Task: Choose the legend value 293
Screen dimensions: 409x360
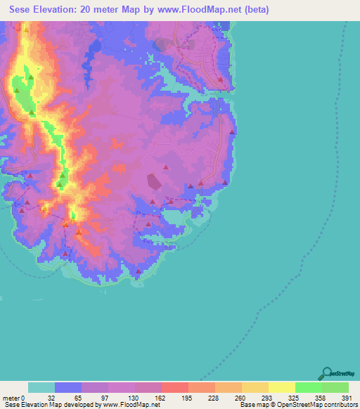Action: point(267,398)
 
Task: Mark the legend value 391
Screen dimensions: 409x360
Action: point(346,398)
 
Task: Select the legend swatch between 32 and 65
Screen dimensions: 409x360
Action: point(68,387)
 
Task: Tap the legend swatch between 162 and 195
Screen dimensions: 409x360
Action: point(174,387)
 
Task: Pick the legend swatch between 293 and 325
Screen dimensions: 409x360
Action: point(281,387)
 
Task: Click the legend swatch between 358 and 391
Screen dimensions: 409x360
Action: point(335,387)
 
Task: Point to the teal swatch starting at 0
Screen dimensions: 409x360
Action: point(41,387)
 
